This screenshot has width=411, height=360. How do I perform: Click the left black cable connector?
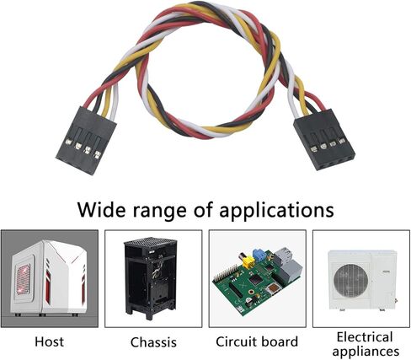[86, 141]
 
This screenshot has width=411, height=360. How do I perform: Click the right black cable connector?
[324, 140]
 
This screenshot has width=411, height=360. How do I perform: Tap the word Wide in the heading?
[100, 210]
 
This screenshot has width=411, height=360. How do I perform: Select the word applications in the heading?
[276, 211]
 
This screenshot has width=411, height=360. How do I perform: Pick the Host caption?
[49, 341]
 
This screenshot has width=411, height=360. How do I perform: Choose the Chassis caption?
[153, 342]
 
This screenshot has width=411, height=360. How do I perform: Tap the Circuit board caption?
[257, 341]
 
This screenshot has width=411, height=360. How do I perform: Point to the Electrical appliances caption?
[366, 344]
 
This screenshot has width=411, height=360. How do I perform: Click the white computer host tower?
[49, 277]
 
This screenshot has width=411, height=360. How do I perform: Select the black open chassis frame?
[150, 279]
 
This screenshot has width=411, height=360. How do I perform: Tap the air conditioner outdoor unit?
[362, 280]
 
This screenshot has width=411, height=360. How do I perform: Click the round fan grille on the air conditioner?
[350, 281]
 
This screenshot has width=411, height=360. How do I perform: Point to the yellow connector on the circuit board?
[248, 262]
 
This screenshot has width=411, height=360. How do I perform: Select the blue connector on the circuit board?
[259, 255]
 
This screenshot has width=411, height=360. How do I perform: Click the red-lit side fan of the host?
[24, 279]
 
